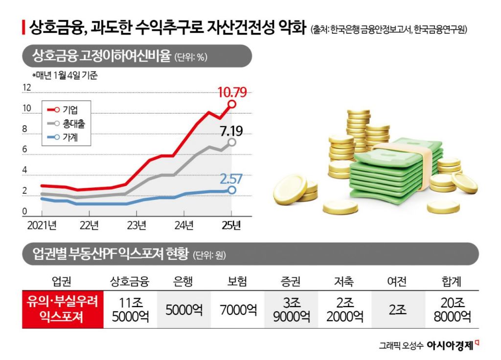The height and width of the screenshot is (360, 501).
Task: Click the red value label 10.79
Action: [x=232, y=91]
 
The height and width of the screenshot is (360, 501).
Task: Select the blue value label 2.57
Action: [x=231, y=179]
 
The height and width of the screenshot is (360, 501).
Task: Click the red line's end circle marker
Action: [x=232, y=104]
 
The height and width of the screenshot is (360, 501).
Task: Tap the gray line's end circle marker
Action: [x=232, y=142]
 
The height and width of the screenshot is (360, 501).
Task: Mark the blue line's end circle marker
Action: [x=232, y=190]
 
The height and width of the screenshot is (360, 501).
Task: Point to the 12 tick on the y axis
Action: [x=27, y=88]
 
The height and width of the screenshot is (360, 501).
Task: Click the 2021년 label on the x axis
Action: [x=42, y=225]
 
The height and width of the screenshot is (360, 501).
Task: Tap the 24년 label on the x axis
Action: [x=183, y=225]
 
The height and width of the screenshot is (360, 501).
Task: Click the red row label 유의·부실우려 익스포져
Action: [x=63, y=310]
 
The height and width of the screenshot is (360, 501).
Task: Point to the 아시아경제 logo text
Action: [x=450, y=345]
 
